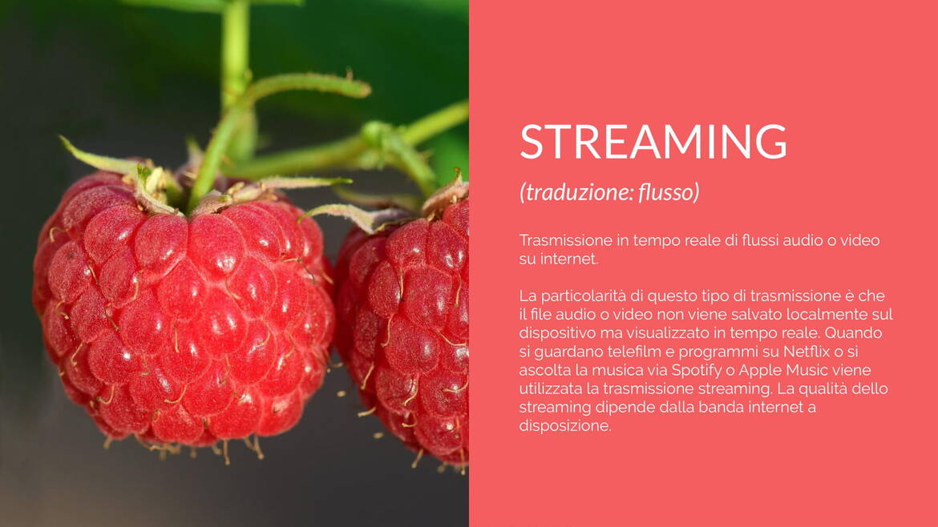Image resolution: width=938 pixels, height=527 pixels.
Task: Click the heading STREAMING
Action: coord(653,142)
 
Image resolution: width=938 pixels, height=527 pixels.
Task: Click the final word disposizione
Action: coord(564,426)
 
